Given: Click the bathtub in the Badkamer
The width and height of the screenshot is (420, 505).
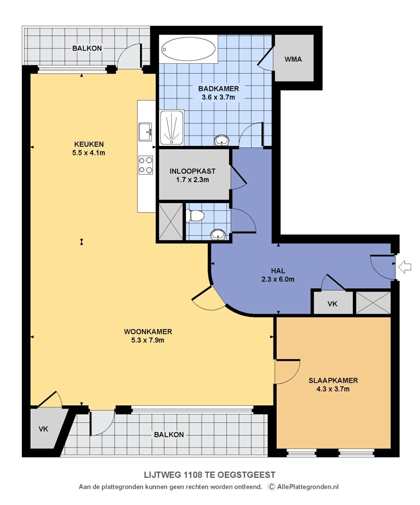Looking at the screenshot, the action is click(x=188, y=49).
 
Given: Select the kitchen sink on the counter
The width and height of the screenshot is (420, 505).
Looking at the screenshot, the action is click(x=145, y=132).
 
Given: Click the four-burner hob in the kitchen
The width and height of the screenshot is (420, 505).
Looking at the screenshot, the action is click(x=146, y=165).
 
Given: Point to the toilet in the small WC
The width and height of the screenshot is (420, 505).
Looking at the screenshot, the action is click(x=195, y=215).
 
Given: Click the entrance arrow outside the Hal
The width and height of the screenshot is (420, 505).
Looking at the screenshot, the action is click(x=405, y=267).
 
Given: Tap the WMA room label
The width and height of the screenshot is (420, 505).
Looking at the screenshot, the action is click(x=293, y=59).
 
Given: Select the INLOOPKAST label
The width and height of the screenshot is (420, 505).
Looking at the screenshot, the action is click(x=193, y=171).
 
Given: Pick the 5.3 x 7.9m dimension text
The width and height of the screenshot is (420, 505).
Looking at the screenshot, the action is click(x=148, y=340).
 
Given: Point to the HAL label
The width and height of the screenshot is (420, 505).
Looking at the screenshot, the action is click(x=278, y=271).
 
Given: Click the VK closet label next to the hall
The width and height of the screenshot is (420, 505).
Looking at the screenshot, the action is click(x=332, y=304).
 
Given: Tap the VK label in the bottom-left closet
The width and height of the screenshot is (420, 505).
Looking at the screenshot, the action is click(x=43, y=429).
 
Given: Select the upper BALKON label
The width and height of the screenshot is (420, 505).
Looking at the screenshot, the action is click(x=87, y=48).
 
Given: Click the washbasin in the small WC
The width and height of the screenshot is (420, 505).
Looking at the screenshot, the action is click(x=218, y=234).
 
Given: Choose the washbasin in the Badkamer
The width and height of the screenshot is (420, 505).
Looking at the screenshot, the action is click(x=221, y=140).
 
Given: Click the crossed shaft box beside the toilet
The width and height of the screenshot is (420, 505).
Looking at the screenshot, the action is click(x=171, y=222).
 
